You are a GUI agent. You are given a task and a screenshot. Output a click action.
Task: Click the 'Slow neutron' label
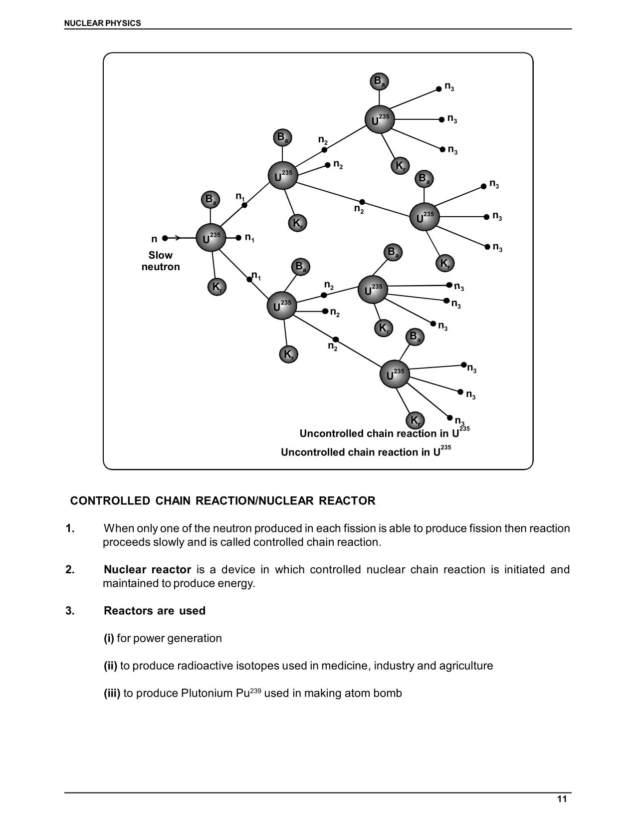161,261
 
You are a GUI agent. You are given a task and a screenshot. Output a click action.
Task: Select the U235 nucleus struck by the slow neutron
211,238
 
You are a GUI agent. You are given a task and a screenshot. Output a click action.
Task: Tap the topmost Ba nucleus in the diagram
379,81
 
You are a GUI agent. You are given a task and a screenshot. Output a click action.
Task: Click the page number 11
562,799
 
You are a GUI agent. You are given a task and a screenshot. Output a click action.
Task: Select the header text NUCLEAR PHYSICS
103,23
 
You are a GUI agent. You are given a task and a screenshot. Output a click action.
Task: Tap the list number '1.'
70,528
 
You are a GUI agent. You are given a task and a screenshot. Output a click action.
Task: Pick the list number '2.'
70,570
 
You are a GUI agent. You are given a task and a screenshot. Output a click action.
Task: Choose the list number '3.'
70,611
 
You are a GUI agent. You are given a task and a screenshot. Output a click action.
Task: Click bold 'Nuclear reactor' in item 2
147,570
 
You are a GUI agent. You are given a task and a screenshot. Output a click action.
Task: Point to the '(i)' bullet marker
109,638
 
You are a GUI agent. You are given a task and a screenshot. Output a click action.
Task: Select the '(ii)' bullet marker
110,666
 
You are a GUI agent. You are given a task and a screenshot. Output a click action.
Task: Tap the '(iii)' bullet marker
112,693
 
